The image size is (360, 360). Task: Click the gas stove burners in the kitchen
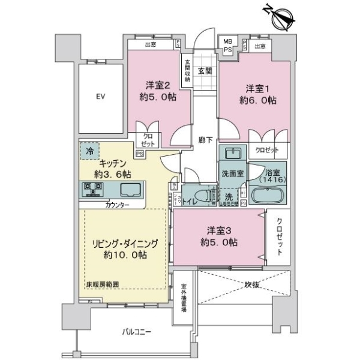click(x=93, y=190)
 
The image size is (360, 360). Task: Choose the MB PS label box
click(x=228, y=46)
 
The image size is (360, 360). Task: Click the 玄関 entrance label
click(x=204, y=71)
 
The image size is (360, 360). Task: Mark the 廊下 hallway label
click(x=205, y=140)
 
